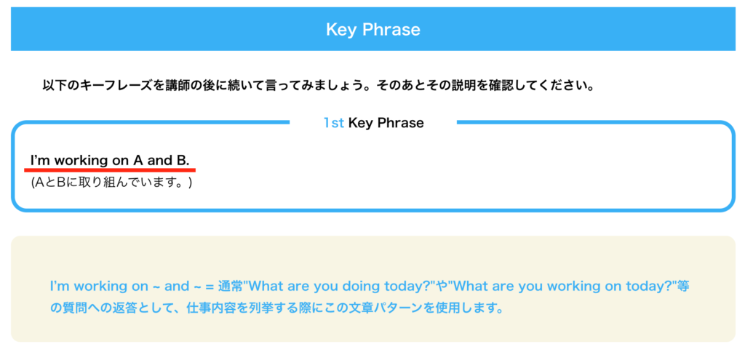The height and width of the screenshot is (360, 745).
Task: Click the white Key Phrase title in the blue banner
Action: pyautogui.click(x=373, y=29)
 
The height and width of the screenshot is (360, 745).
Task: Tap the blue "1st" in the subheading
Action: pyautogui.click(x=333, y=123)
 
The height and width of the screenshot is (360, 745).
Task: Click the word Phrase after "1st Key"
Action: pyautogui.click(x=399, y=123)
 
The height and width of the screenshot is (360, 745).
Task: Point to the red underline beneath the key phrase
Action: pyautogui.click(x=110, y=169)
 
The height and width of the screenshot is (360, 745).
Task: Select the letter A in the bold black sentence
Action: pyautogui.click(x=138, y=161)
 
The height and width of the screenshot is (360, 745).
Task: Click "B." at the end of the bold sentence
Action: pyautogui.click(x=183, y=161)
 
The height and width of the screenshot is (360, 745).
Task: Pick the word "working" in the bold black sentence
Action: pyautogui.click(x=81, y=161)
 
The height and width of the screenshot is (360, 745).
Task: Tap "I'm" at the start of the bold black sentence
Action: pyautogui.click(x=40, y=161)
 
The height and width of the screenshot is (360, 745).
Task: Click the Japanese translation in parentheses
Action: pyautogui.click(x=111, y=183)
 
